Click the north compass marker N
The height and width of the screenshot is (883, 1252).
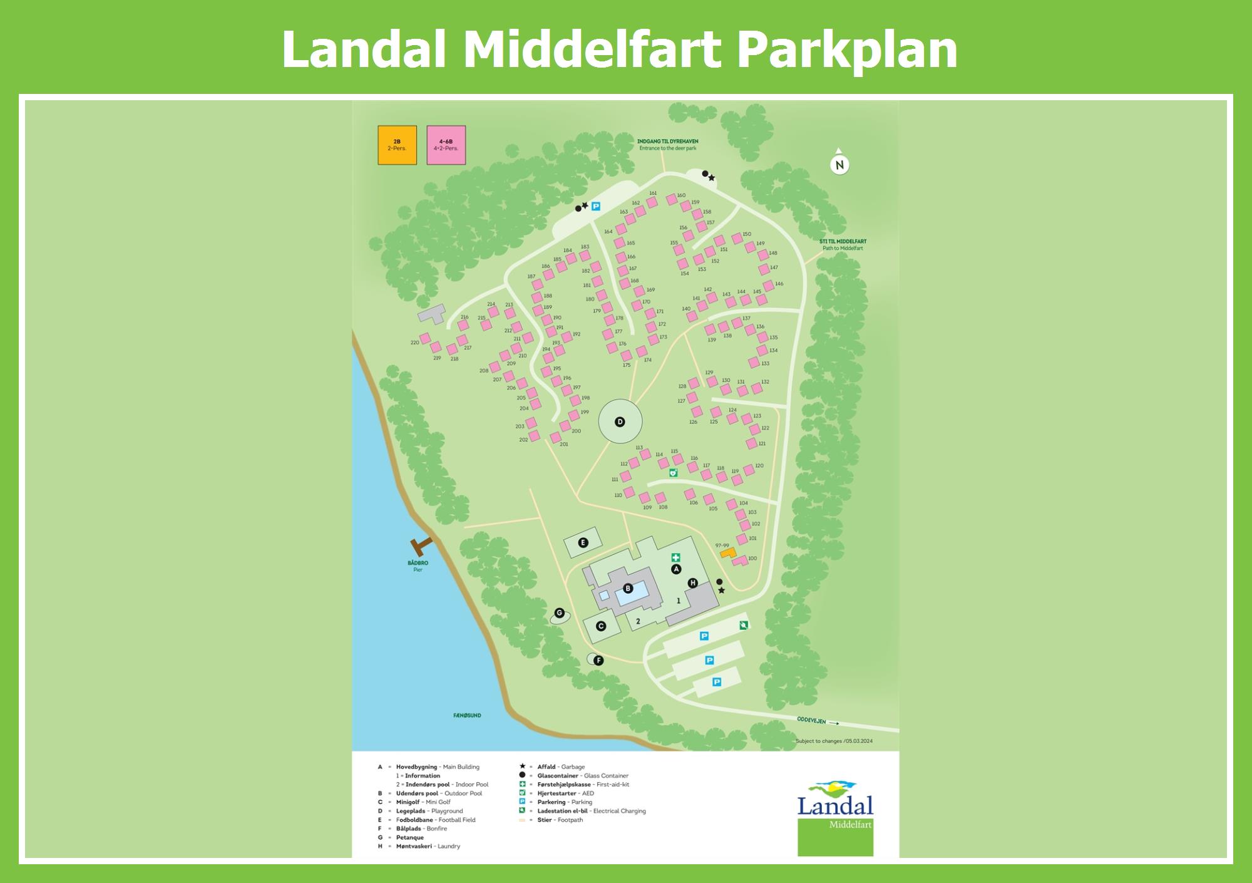839,165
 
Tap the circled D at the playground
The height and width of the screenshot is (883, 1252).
620,422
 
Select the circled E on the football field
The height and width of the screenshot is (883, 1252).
583,543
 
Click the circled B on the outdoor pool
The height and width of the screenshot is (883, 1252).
628,589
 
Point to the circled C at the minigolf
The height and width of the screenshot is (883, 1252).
601,626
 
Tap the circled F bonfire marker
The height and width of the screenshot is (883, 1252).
598,660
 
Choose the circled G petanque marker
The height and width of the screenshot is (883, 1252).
560,613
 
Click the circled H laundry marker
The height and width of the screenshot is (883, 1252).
692,583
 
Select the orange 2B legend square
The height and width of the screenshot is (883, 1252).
397,145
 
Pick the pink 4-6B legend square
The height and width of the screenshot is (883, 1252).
446,145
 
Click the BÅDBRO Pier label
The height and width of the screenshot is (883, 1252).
418,566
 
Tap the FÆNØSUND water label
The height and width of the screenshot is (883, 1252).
467,715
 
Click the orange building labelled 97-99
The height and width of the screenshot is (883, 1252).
727,553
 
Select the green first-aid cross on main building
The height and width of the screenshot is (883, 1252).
675,557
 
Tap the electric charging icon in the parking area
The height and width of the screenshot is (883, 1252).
743,624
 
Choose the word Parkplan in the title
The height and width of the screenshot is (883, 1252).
848,50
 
